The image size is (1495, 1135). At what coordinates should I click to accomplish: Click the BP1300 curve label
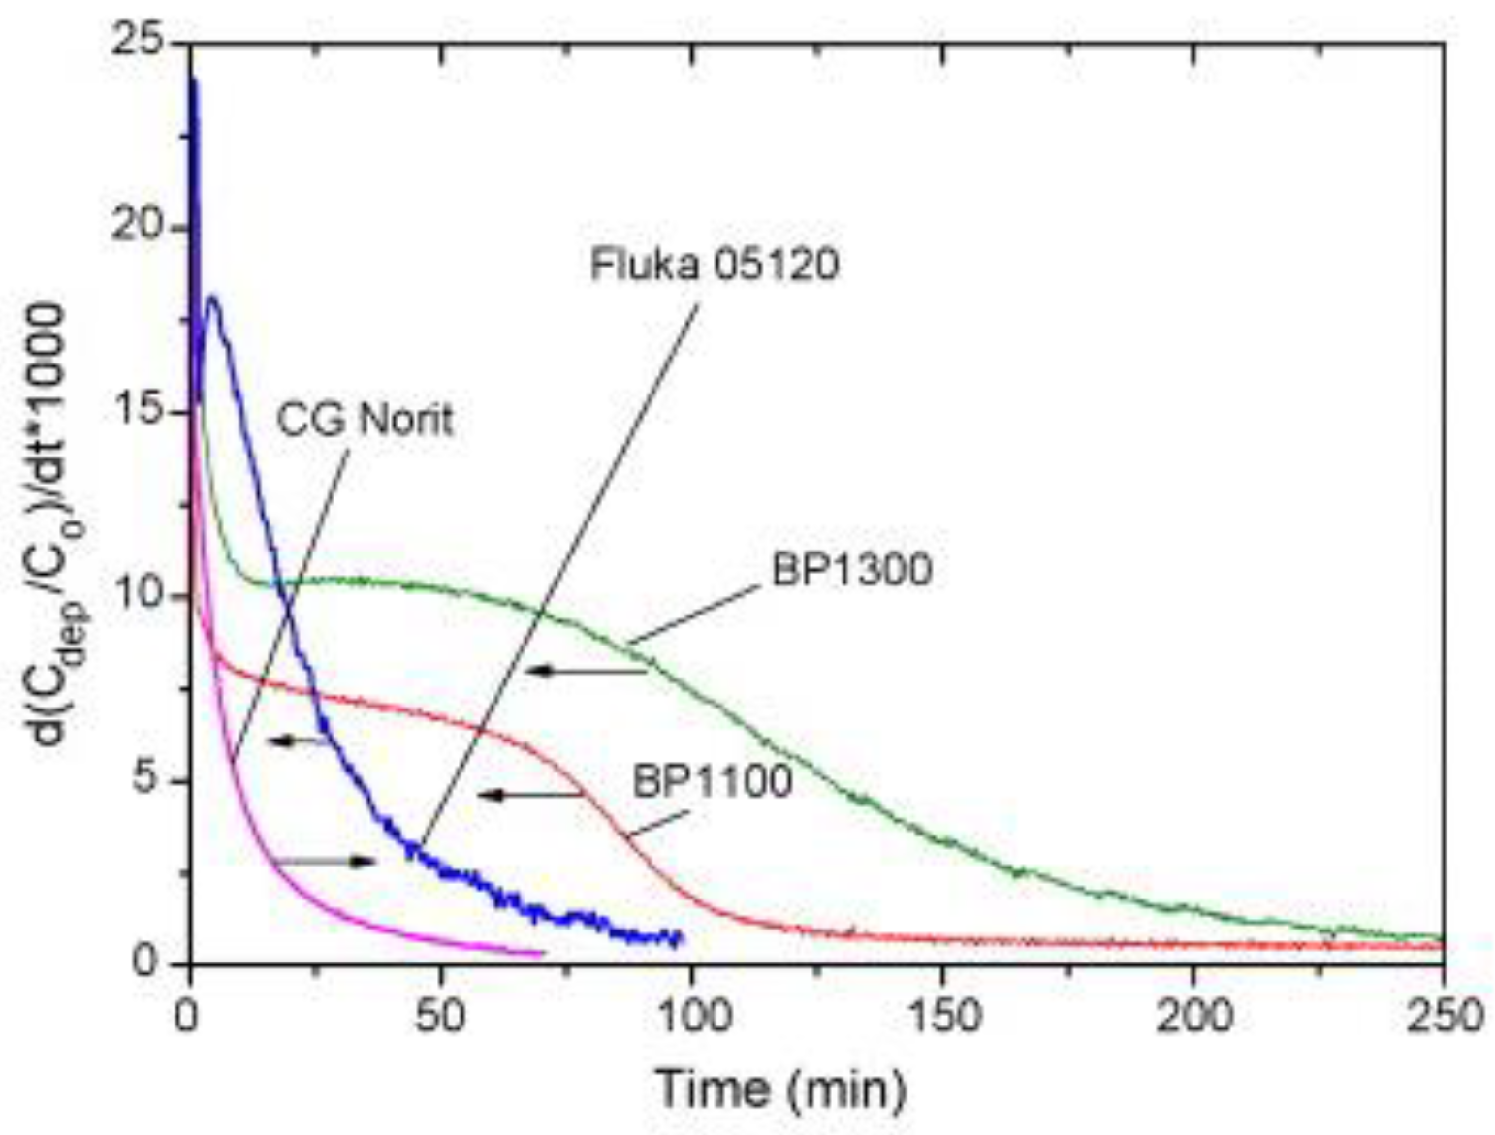click(x=851, y=570)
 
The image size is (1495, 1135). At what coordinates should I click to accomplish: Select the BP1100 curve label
click(x=713, y=781)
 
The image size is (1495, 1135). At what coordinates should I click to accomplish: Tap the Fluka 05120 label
click(x=715, y=265)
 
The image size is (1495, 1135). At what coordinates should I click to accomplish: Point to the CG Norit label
click(x=366, y=421)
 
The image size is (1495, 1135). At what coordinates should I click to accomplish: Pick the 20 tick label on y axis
click(x=143, y=229)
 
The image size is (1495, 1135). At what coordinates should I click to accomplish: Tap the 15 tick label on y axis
click(x=143, y=413)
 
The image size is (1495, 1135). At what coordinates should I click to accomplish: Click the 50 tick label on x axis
click(x=441, y=1018)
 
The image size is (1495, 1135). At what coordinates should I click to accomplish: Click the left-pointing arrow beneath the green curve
click(x=586, y=671)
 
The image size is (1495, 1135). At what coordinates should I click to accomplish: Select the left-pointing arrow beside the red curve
click(x=529, y=795)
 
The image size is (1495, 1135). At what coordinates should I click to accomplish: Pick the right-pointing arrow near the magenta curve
click(x=326, y=861)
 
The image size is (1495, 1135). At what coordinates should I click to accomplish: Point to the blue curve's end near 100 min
click(x=682, y=937)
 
